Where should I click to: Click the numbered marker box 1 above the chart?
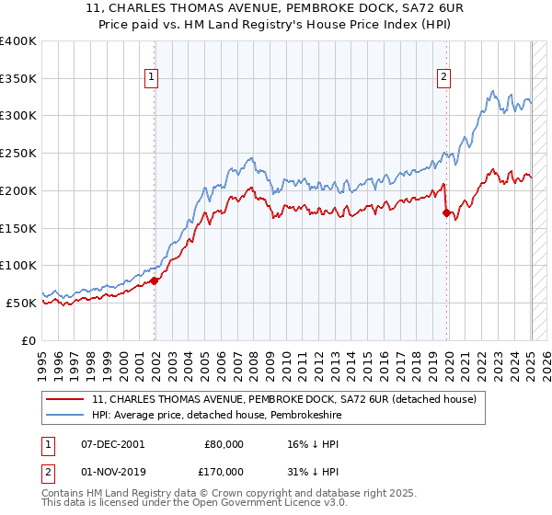click(151, 78)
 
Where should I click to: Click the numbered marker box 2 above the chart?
click(443, 78)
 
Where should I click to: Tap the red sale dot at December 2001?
click(155, 280)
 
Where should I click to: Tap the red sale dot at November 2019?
click(447, 213)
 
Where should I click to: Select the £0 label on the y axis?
click(29, 340)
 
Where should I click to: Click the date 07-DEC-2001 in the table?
click(113, 443)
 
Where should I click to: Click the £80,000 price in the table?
click(224, 443)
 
